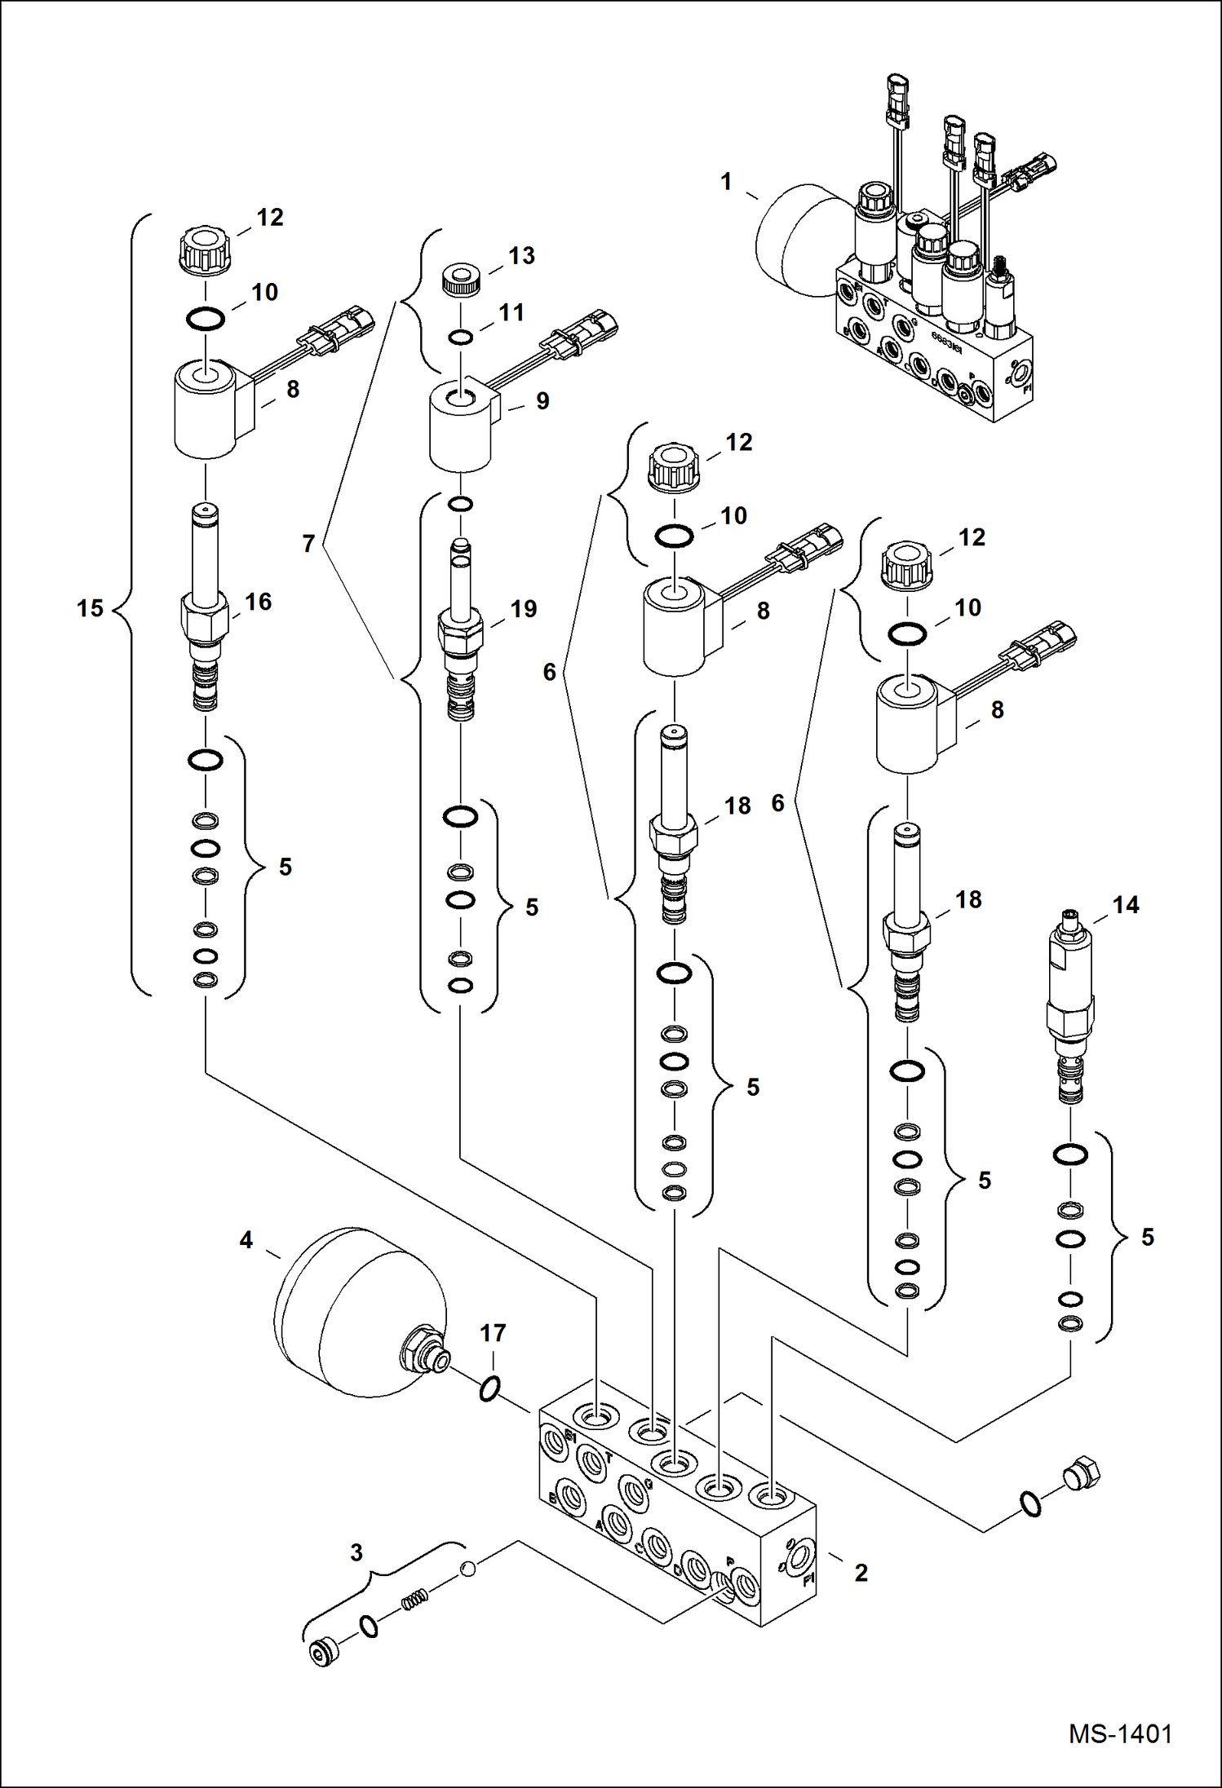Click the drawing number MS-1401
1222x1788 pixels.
[1120, 1734]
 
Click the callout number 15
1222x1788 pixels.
[90, 608]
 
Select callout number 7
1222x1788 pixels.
[308, 544]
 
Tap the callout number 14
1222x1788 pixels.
[1125, 905]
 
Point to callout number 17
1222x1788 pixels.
[493, 1333]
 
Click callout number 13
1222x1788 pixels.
[521, 256]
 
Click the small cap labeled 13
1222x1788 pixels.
[461, 280]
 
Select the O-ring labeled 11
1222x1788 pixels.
[461, 338]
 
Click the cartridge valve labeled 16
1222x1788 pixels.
[205, 607]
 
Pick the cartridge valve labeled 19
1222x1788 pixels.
[461, 632]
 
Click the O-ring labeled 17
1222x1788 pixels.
[489, 1388]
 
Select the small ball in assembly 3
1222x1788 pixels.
[467, 1568]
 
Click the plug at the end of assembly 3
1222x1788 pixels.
[324, 1652]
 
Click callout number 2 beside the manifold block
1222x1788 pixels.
[861, 1573]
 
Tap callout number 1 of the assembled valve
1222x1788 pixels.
[726, 182]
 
